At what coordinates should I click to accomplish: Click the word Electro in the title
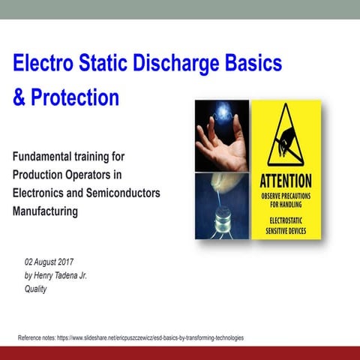tap(46, 63)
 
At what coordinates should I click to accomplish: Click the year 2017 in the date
tap(76, 262)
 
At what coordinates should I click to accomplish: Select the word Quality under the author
tap(36, 289)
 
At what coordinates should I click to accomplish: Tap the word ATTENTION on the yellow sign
tap(286, 181)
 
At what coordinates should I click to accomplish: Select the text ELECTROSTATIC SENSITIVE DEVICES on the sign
tap(286, 226)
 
